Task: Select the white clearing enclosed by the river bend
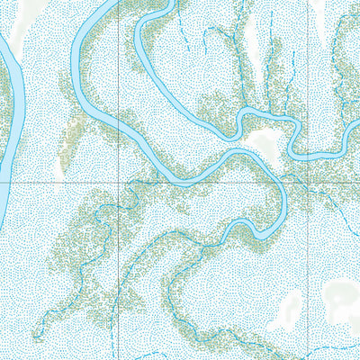point(265,142)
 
